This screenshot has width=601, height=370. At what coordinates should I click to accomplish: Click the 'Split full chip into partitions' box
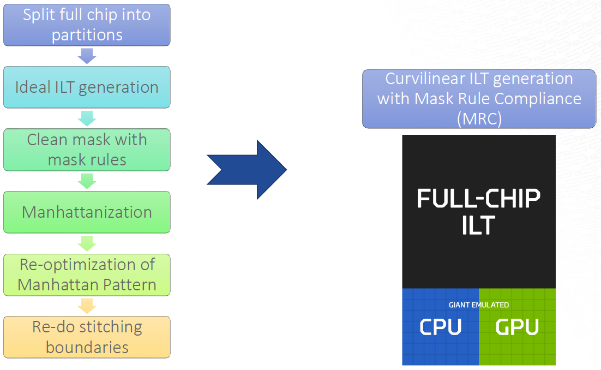(87, 25)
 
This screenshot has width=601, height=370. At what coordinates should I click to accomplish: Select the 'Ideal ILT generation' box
(87, 87)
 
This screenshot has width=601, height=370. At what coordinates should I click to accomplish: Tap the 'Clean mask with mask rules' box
(87, 150)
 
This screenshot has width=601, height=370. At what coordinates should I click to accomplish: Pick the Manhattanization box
(87, 212)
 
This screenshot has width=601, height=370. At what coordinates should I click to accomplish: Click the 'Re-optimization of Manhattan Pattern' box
(87, 274)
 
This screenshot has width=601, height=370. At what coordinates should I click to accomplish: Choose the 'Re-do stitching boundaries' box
(87, 337)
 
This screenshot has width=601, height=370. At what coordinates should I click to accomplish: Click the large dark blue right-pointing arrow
(247, 170)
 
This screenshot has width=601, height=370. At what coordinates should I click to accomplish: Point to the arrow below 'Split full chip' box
(87, 56)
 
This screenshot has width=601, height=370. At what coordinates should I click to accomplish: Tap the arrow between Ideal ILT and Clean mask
(87, 118)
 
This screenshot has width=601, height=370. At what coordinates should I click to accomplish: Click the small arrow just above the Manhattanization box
(87, 181)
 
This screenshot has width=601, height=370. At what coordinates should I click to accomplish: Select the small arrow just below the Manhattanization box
(87, 243)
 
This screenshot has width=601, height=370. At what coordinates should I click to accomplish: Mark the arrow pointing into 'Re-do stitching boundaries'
(87, 306)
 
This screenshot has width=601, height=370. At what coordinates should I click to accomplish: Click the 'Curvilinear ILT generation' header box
(479, 99)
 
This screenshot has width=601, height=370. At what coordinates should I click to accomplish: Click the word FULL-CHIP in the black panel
(478, 199)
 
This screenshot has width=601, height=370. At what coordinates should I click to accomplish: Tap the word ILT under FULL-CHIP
(478, 225)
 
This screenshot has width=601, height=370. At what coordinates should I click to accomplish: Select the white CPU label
(440, 327)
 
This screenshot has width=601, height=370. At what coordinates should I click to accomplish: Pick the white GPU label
(517, 327)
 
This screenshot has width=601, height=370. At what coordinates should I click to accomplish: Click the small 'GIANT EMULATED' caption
(478, 305)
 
